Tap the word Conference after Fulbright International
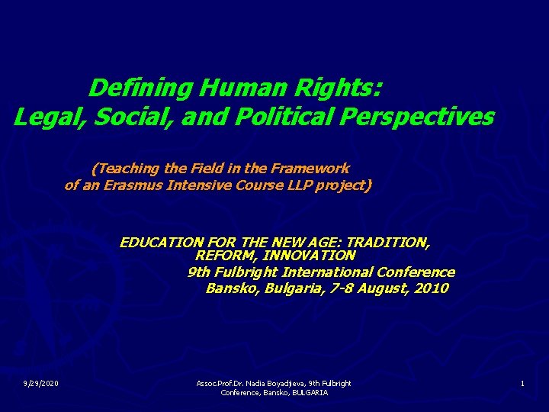pyautogui.click(x=419, y=272)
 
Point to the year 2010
pyautogui.click(x=432, y=288)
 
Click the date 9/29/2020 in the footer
pyautogui.click(x=42, y=383)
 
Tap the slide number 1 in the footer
pyautogui.click(x=522, y=383)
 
